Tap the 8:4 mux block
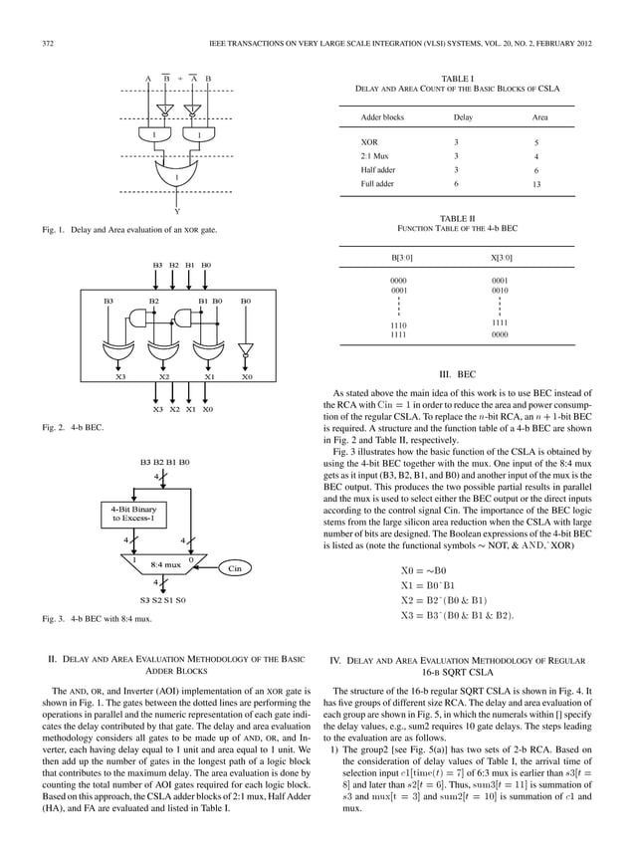tap(164, 563)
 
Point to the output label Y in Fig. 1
tap(177, 210)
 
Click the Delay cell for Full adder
tap(456, 184)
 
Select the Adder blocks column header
tap(382, 117)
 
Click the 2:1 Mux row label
tap(374, 156)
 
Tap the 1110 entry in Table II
tap(399, 324)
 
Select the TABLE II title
tap(457, 217)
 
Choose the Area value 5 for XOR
tap(535, 142)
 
